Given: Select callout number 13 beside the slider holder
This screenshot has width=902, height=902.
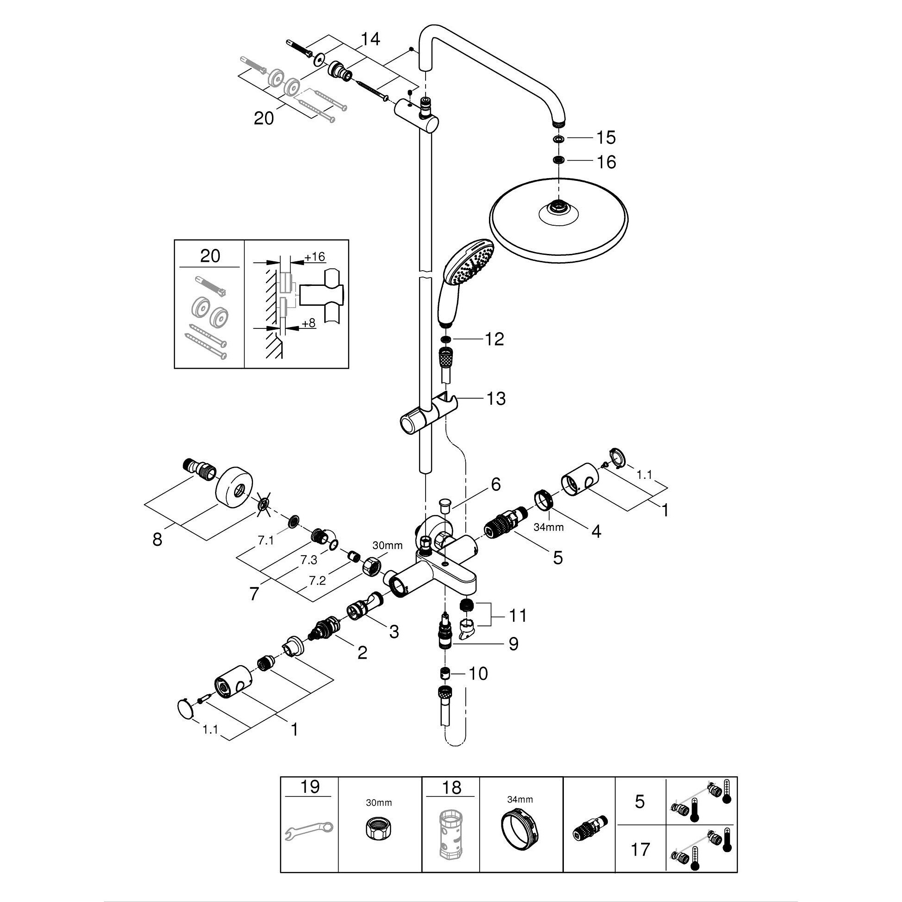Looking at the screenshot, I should [496, 399].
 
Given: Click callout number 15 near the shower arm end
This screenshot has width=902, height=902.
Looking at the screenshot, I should [606, 138].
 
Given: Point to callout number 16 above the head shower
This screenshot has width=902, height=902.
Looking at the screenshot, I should [606, 162].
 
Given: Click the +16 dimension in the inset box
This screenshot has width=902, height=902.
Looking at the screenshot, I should [314, 257].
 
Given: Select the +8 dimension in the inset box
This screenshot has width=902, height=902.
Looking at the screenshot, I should [309, 323].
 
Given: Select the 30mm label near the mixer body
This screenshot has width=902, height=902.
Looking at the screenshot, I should [387, 545].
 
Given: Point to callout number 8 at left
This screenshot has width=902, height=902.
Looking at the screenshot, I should [157, 540].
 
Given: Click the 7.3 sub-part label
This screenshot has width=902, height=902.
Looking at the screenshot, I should [309, 559].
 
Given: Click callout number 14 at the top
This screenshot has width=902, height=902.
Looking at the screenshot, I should [370, 39].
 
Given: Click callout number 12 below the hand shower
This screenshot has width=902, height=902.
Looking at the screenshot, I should [494, 339].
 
